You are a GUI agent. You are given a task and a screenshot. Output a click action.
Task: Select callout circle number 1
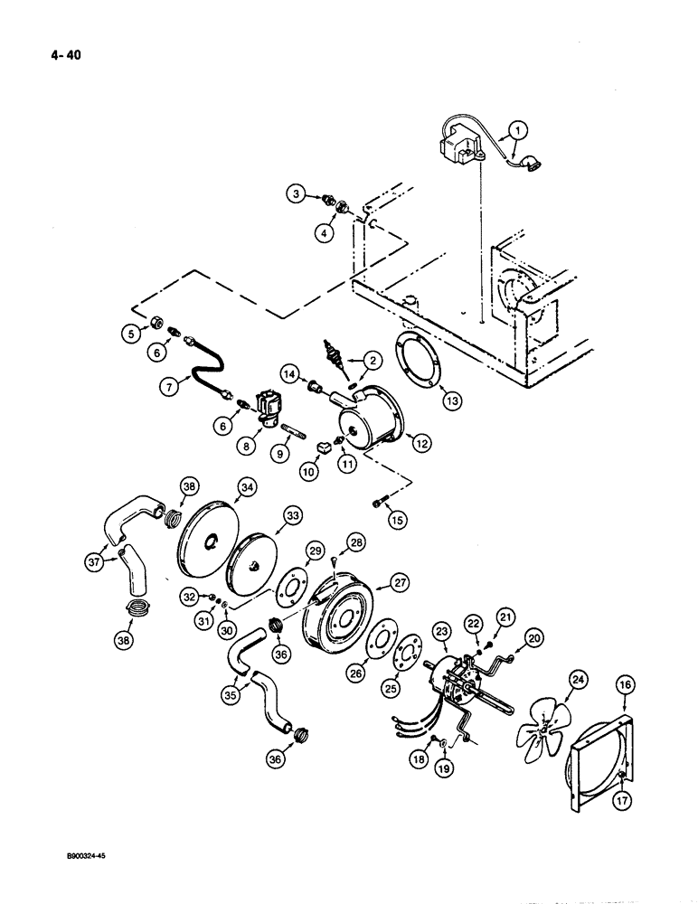517,130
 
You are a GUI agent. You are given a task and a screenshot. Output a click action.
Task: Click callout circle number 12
418,442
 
